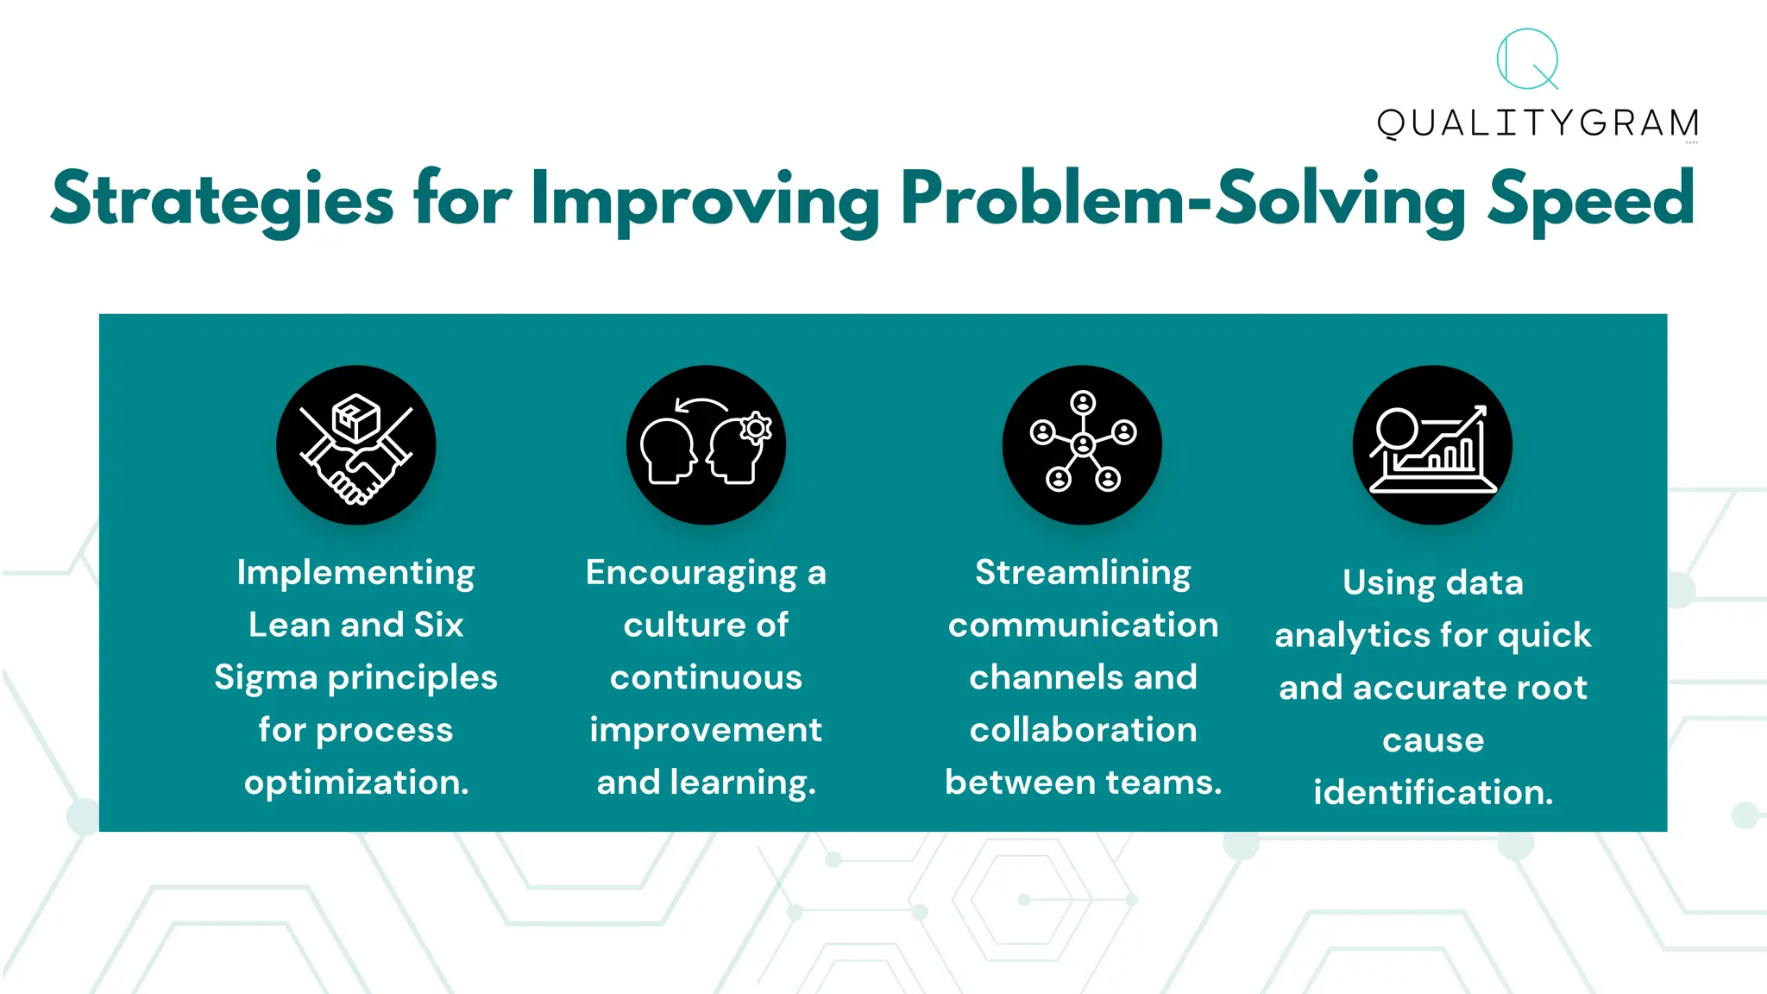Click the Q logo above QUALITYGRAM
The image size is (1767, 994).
1527,59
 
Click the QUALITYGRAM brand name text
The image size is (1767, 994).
1537,123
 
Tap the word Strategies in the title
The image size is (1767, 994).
223,200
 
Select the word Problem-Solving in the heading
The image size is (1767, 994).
1182,200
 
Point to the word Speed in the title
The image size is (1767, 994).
1591,200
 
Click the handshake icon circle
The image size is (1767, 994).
355,445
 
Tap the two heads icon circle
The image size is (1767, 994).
706,445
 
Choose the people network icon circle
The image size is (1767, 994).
1082,445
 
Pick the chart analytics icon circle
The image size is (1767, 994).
1432,445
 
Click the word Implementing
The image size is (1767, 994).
355,574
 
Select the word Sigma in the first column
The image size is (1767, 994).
266,678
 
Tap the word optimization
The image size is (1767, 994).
355,783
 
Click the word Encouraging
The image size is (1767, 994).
691,574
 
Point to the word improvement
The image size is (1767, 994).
706,731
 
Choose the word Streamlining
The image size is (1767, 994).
1083,573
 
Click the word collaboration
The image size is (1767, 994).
1083,730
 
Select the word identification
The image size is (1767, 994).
1432,792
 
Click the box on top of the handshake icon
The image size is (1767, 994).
356,418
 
